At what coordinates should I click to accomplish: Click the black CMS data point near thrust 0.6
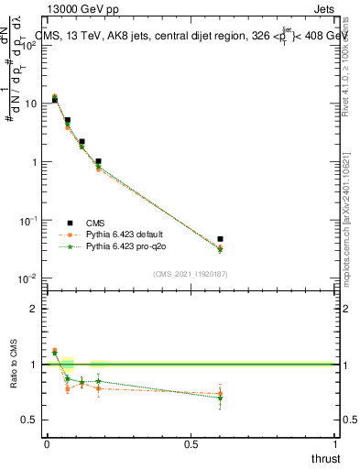pos(220,239)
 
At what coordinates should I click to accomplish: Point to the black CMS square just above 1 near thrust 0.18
pos(98,161)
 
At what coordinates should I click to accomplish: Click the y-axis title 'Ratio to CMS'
pos(15,378)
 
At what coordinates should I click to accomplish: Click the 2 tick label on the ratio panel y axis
pos(34,309)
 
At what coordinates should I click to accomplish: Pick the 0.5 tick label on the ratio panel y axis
pos(29,420)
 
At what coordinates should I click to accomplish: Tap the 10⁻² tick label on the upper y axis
pos(28,278)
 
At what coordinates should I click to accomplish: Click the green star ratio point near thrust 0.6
pos(220,398)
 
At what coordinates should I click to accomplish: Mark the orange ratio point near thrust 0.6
pos(220,393)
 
